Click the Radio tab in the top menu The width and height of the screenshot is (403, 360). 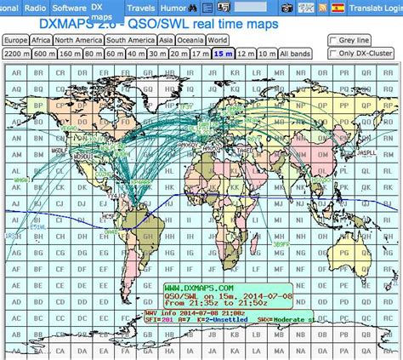coord(35,7)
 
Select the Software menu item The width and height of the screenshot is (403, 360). coord(69,7)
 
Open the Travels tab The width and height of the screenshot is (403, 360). coord(140,7)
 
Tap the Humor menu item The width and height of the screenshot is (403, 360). coord(174,7)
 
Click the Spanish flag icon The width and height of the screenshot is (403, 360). coord(338,8)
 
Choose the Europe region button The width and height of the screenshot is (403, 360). coord(15,40)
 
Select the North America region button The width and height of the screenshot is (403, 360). coord(79,40)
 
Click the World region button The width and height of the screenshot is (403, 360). coord(217,40)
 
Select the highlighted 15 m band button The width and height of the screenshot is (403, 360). coord(224,54)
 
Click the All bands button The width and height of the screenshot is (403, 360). coord(294,54)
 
